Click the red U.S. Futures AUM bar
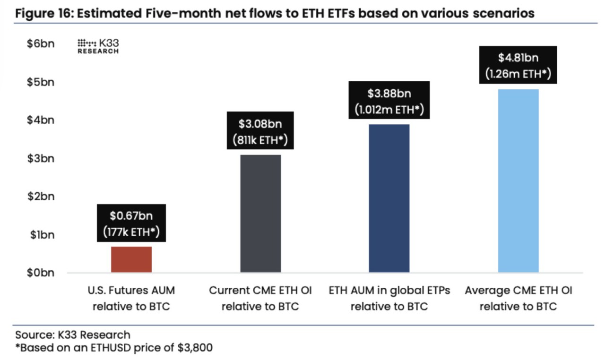131,259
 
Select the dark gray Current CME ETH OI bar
260,214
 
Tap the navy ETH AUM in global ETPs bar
389,198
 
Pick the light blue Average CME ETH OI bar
518,180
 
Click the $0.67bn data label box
131,223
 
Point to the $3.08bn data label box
260,131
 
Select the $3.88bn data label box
389,100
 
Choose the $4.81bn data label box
518,65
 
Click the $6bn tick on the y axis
41,44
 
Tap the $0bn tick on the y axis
41,273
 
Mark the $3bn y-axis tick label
41,158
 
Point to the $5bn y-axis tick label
41,82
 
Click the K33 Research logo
98,46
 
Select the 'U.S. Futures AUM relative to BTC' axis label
131,298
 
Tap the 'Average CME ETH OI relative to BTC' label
518,298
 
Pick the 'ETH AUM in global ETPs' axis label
389,290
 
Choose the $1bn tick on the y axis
41,235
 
